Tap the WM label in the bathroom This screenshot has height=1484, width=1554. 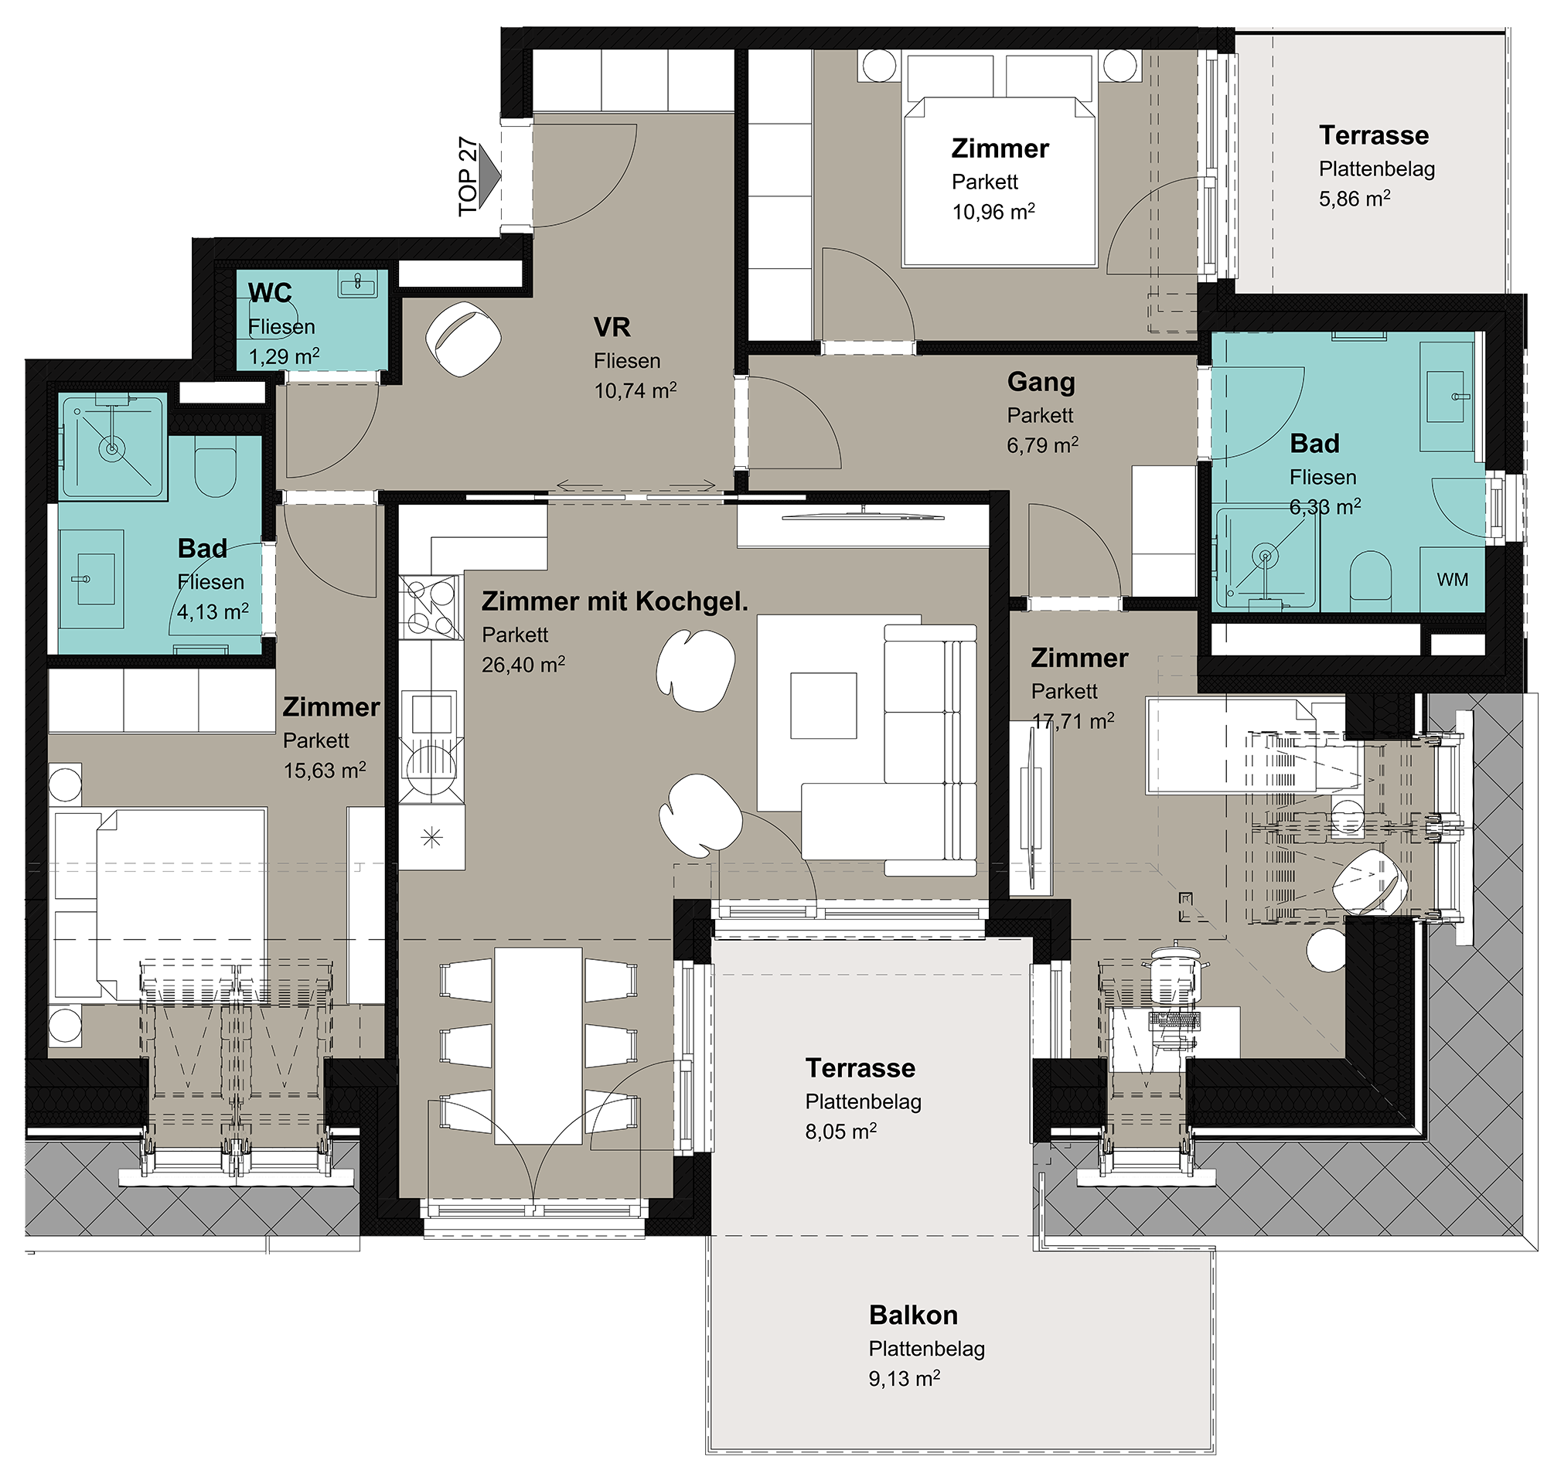point(1452,580)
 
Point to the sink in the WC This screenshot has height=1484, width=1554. point(359,283)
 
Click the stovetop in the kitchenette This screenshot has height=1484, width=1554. point(431,608)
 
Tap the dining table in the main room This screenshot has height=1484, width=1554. point(538,1047)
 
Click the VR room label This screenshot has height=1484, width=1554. point(612,327)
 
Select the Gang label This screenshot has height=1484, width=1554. point(1041,382)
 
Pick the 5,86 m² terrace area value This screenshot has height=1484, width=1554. point(1354,199)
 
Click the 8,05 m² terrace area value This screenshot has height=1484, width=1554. point(840,1132)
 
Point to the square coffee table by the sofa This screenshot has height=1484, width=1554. point(823,706)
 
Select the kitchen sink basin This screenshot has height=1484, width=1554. point(431,715)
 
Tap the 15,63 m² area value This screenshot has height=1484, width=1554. point(325,771)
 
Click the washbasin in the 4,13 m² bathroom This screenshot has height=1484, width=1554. point(92,579)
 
